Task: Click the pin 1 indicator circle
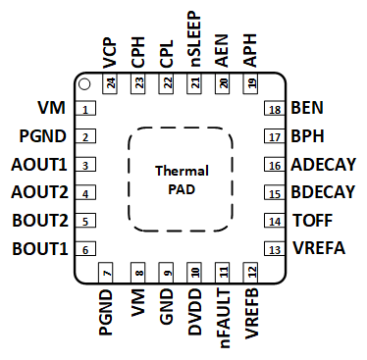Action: coord(85,85)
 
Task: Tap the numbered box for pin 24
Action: coord(109,84)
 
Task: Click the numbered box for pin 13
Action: coord(275,249)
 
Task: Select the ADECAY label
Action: coord(324,165)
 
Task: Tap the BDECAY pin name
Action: coord(324,192)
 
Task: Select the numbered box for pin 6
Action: coord(86,249)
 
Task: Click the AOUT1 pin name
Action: coord(40,165)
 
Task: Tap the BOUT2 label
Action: coord(40,221)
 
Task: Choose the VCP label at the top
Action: coord(109,50)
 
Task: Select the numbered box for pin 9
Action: coord(167,273)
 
